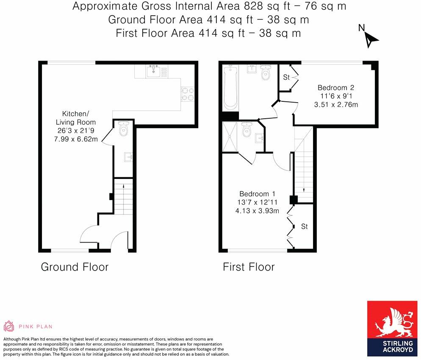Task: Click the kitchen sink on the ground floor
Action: point(153,71)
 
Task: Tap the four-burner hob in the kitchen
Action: point(187,95)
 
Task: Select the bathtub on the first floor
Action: point(230,87)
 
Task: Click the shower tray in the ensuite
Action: point(230,137)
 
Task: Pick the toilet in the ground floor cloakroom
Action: point(124,129)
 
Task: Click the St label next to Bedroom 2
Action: point(286,78)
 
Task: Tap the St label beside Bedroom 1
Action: point(304,226)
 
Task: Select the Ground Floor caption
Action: point(75,267)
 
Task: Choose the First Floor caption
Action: point(249,267)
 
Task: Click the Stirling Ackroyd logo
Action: point(392,329)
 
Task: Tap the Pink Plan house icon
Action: point(9,326)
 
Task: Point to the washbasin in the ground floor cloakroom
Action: point(128,157)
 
